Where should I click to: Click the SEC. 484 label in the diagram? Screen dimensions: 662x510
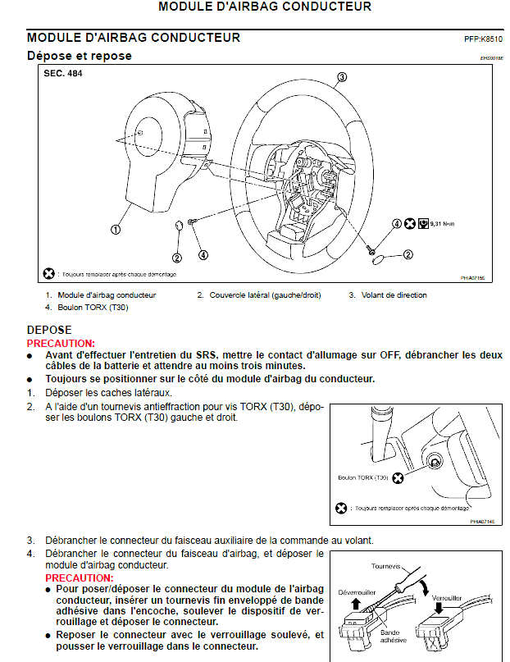64,73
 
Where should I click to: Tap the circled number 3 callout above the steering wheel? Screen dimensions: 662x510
342,77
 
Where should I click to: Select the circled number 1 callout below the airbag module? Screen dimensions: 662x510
116,230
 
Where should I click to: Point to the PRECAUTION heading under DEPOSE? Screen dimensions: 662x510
61,344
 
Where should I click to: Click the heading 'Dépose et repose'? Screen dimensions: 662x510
79,56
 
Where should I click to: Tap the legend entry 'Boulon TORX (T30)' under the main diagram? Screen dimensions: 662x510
93,308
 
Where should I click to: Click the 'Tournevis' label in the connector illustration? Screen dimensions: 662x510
386,566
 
